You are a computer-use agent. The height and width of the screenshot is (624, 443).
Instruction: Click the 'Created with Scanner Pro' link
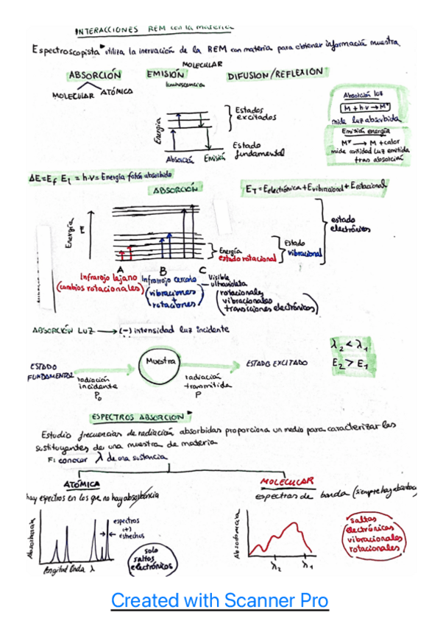click(219, 600)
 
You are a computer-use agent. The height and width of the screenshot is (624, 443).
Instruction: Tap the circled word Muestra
click(160, 363)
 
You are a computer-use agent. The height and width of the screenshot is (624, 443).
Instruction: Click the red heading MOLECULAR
click(287, 482)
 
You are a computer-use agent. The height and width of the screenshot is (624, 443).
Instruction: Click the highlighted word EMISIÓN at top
click(165, 74)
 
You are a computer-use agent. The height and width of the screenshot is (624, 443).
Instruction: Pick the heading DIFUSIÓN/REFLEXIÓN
click(275, 74)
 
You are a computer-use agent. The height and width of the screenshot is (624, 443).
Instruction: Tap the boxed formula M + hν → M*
click(366, 107)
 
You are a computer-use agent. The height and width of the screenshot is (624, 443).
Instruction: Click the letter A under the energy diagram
click(118, 270)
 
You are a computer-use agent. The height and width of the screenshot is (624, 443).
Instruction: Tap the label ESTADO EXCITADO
click(276, 364)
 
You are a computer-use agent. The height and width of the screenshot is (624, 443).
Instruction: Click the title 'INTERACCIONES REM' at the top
click(107, 30)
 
